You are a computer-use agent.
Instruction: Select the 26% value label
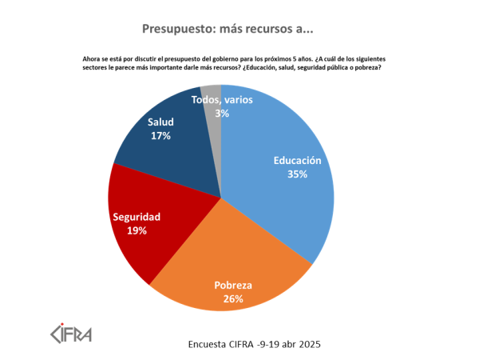(x=233, y=299)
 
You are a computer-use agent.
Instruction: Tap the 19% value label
(x=137, y=230)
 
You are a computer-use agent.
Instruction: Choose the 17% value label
(x=160, y=136)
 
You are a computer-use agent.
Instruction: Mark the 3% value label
(x=222, y=114)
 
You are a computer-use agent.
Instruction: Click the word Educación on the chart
(x=297, y=160)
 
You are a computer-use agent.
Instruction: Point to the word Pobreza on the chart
(x=233, y=286)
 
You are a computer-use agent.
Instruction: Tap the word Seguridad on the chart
(x=137, y=217)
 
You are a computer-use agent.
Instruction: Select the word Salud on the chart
(x=160, y=122)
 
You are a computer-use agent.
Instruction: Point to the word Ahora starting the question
(x=93, y=59)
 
